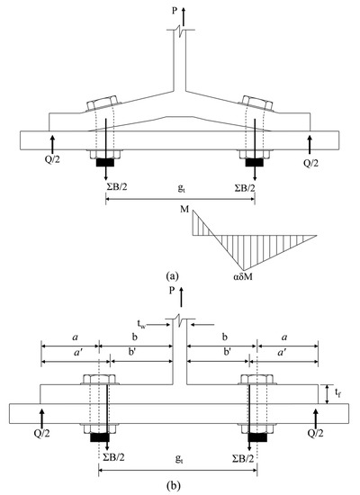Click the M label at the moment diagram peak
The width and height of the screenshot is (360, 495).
pyautogui.click(x=184, y=209)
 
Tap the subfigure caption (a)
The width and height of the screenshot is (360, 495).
pyautogui.click(x=172, y=276)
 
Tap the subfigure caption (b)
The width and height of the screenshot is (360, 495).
pyautogui.click(x=173, y=485)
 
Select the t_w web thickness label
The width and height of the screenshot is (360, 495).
pyautogui.click(x=141, y=324)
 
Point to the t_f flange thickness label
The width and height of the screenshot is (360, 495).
pyautogui.click(x=337, y=392)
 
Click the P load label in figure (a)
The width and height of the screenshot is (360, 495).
pyautogui.click(x=175, y=11)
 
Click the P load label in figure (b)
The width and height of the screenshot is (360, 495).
pyautogui.click(x=172, y=291)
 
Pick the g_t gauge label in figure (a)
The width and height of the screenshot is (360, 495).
pyautogui.click(x=181, y=189)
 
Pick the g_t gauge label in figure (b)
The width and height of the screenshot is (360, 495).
pyautogui.click(x=179, y=459)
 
